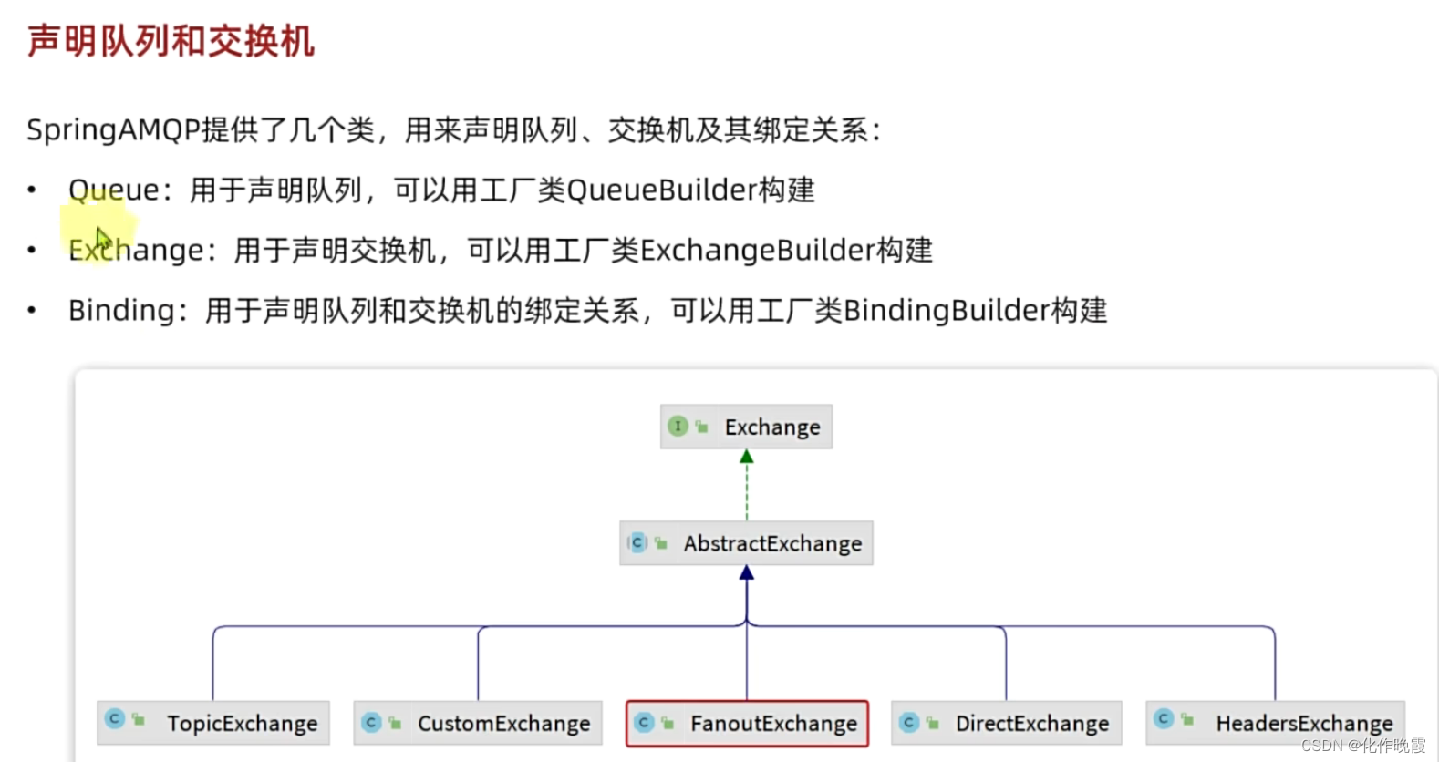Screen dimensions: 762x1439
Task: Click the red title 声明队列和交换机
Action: (171, 42)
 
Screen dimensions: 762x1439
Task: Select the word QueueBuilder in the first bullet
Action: (661, 190)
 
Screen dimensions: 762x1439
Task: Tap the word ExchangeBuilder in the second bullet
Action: (757, 251)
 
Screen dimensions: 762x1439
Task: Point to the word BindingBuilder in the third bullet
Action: (947, 311)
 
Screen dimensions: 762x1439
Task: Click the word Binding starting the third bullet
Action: (121, 311)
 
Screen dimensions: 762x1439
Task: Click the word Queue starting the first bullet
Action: (114, 190)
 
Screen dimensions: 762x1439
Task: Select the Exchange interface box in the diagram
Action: (747, 427)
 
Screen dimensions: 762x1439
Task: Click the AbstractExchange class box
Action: (747, 543)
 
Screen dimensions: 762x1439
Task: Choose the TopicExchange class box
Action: (213, 723)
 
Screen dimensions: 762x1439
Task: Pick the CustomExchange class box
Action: (478, 723)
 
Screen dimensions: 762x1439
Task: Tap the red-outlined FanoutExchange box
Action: (747, 723)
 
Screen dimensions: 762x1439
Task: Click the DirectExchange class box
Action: (1006, 723)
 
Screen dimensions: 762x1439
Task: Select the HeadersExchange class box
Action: (1276, 723)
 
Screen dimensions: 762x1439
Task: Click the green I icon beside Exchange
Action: (678, 426)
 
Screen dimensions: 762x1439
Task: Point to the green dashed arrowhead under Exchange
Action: (747, 457)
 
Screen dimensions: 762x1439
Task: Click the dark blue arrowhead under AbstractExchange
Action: (747, 572)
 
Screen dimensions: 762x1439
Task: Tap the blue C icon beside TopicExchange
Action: (115, 718)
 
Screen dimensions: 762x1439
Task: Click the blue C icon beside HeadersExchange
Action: (1164, 718)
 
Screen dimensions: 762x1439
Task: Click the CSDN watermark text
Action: (1363, 746)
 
